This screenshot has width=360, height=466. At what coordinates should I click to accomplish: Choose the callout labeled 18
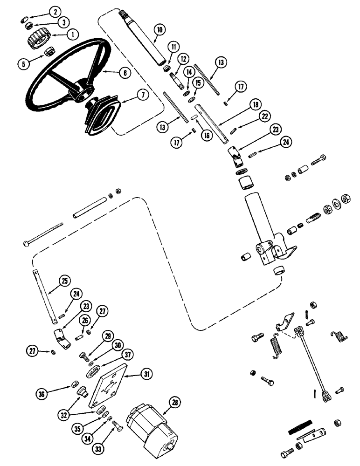point(241,106)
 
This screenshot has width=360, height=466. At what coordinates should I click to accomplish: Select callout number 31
point(146,373)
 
